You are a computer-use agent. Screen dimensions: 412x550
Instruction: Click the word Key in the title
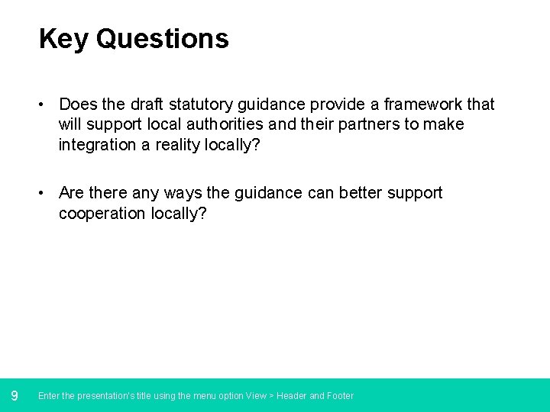pos(63,39)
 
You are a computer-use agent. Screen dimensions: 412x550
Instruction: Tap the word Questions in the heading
pos(162,39)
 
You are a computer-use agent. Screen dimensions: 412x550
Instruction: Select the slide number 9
pos(15,395)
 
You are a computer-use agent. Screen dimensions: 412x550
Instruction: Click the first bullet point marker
pos(46,105)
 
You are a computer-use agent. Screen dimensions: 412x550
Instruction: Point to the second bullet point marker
pos(46,194)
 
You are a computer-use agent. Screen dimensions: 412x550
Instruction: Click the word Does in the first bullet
pos(78,105)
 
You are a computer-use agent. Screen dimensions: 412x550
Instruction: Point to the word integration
pos(96,144)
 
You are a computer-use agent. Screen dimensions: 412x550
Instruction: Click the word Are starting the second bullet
pos(71,194)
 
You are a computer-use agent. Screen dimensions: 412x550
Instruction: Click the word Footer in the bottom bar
pos(341,396)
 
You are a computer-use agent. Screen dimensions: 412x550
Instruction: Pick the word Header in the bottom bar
pos(292,396)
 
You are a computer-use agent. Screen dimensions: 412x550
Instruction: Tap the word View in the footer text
pos(256,396)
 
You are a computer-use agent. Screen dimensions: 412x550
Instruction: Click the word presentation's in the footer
pos(101,396)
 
